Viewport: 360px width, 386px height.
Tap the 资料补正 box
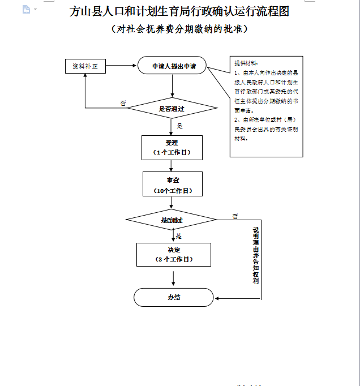point(85,66)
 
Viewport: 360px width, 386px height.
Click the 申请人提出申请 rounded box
point(172,66)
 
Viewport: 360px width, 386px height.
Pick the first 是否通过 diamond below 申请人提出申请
point(172,108)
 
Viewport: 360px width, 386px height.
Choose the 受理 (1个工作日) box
point(172,147)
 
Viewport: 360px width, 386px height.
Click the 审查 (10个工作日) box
point(172,184)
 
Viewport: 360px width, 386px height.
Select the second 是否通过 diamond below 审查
point(172,220)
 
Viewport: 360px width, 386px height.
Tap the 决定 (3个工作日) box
point(173,254)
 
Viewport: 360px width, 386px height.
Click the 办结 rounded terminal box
point(173,297)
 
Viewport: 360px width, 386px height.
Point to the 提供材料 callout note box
point(266,106)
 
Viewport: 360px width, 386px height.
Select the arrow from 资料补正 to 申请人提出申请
point(121,66)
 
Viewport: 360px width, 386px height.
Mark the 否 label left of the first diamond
point(123,103)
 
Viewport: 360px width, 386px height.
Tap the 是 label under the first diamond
point(179,126)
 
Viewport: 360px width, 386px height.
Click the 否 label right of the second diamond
point(235,216)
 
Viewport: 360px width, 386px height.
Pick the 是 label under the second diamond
point(179,236)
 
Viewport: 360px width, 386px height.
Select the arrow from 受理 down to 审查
point(172,165)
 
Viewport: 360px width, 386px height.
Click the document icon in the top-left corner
point(26,9)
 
